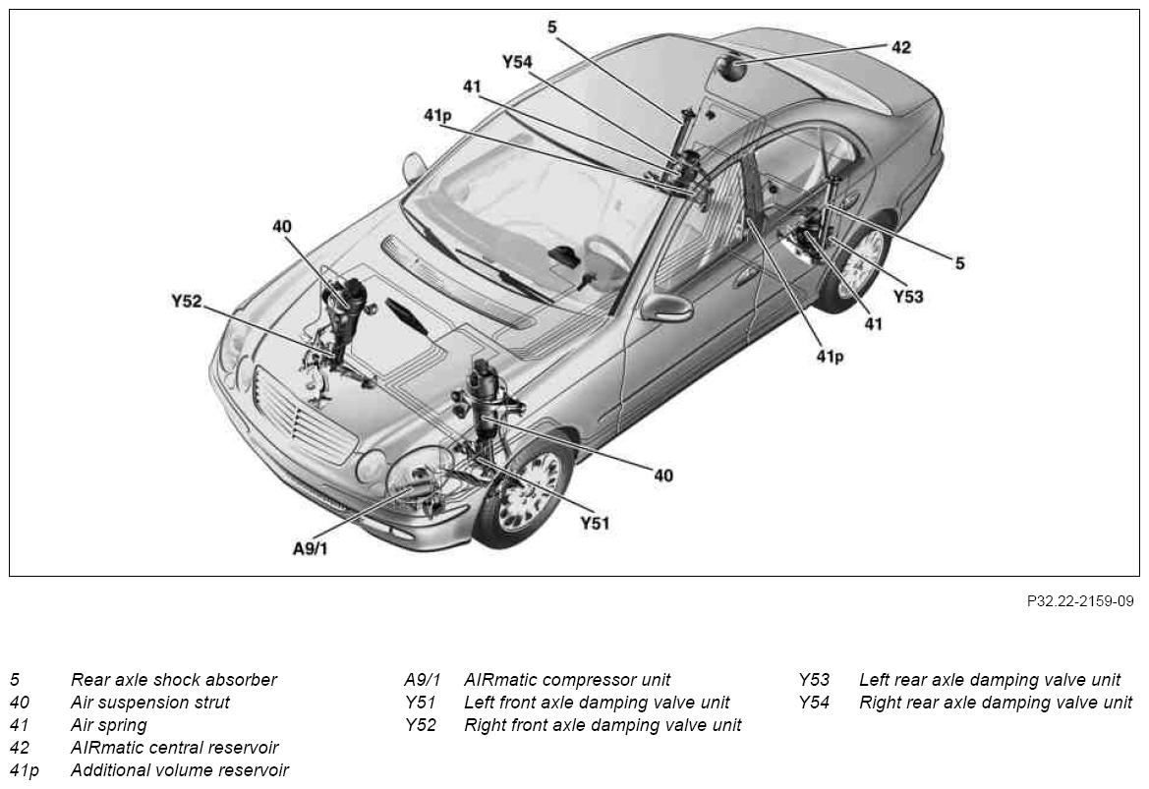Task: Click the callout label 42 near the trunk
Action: pos(900,47)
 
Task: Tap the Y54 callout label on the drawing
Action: pos(517,62)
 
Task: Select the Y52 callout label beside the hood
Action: pos(186,301)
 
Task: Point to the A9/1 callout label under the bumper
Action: pos(311,548)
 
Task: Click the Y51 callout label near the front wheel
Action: pos(595,523)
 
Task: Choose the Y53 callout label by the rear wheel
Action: pos(908,297)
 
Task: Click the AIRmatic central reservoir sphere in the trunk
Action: pos(730,68)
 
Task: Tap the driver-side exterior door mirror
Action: pos(667,307)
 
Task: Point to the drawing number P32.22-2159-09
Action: pos(1080,601)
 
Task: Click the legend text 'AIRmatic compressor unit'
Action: pos(567,680)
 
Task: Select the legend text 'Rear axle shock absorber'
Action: pos(174,680)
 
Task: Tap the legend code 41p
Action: pos(25,770)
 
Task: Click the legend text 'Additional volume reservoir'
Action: pos(180,770)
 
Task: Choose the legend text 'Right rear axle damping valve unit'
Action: pos(996,703)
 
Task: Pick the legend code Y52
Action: pos(421,725)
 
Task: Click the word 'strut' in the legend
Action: pos(210,703)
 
